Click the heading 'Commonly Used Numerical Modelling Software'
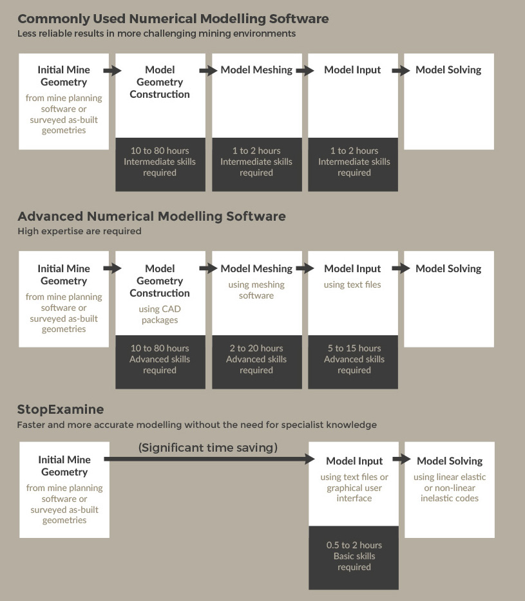pyautogui.click(x=173, y=19)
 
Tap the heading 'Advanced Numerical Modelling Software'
pyautogui.click(x=151, y=216)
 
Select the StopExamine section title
pyautogui.click(x=61, y=409)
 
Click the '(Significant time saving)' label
pyautogui.click(x=207, y=448)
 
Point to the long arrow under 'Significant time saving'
pyautogui.click(x=209, y=459)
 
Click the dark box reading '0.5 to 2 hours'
pyautogui.click(x=354, y=558)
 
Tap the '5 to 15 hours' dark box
pyautogui.click(x=353, y=362)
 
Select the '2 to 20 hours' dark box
pyautogui.click(x=257, y=362)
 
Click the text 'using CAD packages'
pyautogui.click(x=160, y=314)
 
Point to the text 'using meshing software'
pyautogui.click(x=256, y=290)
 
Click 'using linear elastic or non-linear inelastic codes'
pyautogui.click(x=450, y=488)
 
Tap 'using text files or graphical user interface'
pyautogui.click(x=354, y=488)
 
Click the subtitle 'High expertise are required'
pyautogui.click(x=79, y=231)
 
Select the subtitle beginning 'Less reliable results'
pyautogui.click(x=157, y=33)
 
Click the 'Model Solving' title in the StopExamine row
pyautogui.click(x=450, y=461)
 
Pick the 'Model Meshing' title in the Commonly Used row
pyautogui.click(x=256, y=69)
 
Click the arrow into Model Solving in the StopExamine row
pyautogui.click(x=402, y=459)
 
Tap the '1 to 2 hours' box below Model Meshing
pyautogui.click(x=257, y=165)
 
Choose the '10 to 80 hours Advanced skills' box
pyautogui.click(x=160, y=362)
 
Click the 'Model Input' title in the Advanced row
pyautogui.click(x=352, y=269)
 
